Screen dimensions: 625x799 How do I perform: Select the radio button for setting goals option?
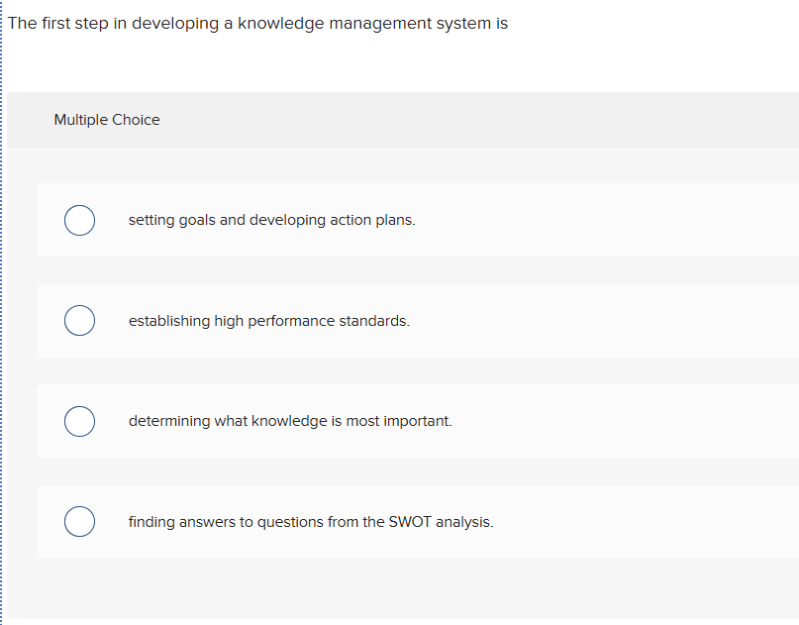tap(79, 220)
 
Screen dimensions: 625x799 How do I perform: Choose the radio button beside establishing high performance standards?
tap(79, 321)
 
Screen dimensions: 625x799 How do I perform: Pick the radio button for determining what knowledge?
tap(79, 421)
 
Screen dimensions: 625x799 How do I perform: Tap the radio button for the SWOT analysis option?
tap(79, 522)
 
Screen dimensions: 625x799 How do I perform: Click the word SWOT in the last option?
tap(411, 522)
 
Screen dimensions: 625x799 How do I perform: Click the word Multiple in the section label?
tap(81, 120)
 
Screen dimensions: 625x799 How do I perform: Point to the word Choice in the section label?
tap(136, 120)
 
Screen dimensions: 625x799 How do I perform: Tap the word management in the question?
tap(380, 24)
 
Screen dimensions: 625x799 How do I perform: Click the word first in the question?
tap(57, 24)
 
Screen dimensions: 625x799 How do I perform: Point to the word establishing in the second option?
tap(169, 321)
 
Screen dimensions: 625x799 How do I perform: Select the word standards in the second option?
tap(374, 321)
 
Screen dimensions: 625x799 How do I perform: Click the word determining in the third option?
tap(169, 421)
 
